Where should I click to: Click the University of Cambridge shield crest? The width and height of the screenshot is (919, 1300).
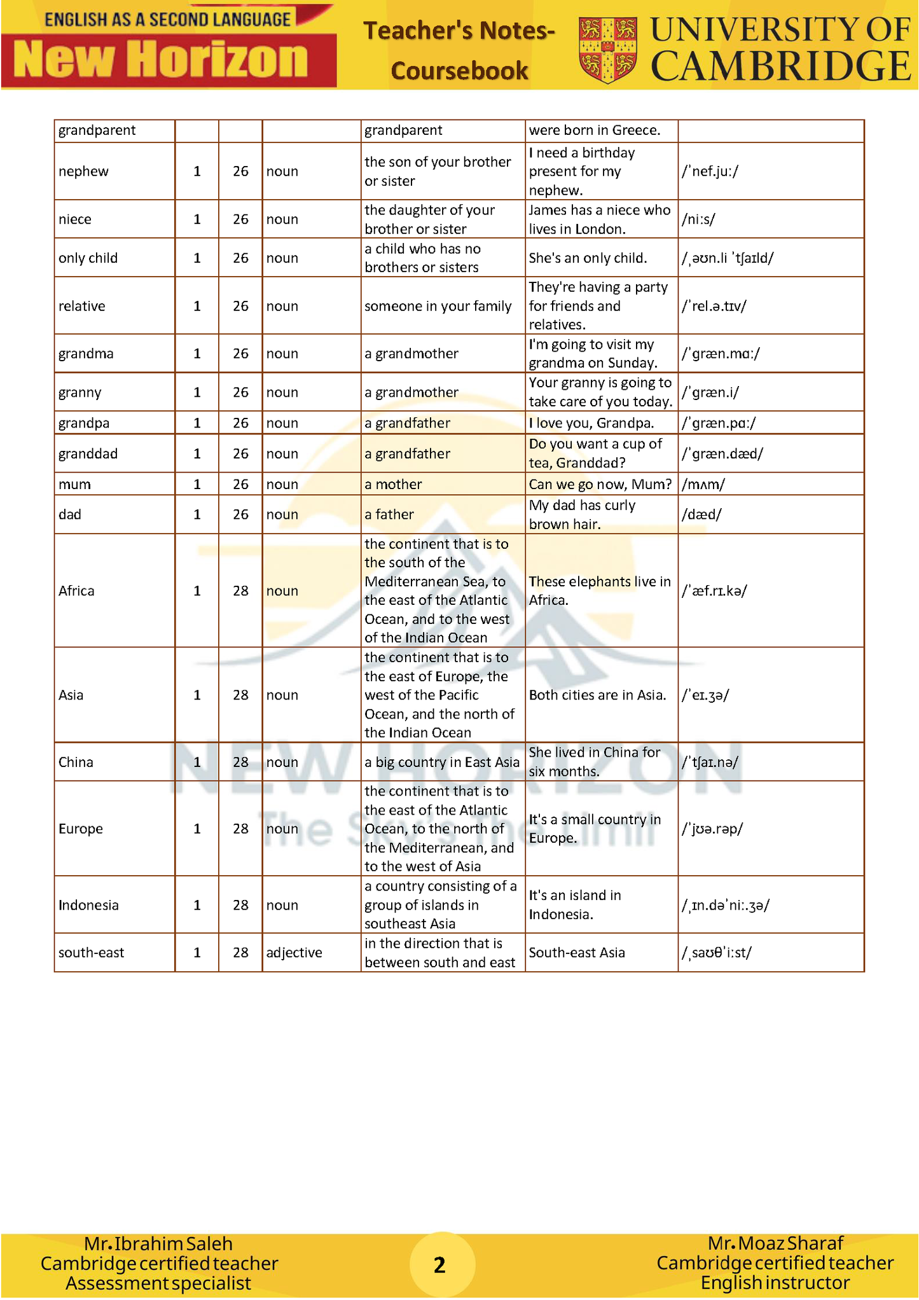[x=607, y=50]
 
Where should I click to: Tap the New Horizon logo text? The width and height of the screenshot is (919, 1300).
[x=161, y=60]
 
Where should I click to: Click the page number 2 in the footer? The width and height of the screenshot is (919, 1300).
[x=439, y=1264]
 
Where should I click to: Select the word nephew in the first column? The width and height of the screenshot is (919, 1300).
[x=83, y=172]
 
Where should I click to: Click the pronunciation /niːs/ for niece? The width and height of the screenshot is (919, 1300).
[x=698, y=219]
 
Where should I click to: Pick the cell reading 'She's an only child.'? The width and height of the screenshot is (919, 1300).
[x=588, y=258]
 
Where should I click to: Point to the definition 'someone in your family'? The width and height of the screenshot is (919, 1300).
[x=438, y=306]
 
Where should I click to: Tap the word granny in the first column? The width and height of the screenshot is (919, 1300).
[x=79, y=392]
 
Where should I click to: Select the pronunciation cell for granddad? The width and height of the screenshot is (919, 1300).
[x=722, y=453]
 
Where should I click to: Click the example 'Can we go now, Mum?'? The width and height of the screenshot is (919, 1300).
[x=600, y=484]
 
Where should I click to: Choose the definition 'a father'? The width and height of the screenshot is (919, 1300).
[x=389, y=515]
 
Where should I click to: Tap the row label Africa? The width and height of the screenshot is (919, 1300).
[x=76, y=591]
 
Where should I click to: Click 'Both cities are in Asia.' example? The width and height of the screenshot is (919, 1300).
[x=597, y=695]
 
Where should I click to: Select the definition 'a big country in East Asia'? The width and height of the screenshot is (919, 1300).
[x=441, y=762]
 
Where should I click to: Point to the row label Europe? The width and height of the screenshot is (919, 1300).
[x=80, y=829]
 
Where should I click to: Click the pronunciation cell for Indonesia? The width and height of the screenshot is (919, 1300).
[x=725, y=905]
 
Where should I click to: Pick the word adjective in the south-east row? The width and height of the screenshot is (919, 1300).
[x=294, y=953]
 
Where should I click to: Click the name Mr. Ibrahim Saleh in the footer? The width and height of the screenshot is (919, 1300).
[x=158, y=1243]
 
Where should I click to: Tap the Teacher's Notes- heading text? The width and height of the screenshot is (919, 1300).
[x=459, y=31]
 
